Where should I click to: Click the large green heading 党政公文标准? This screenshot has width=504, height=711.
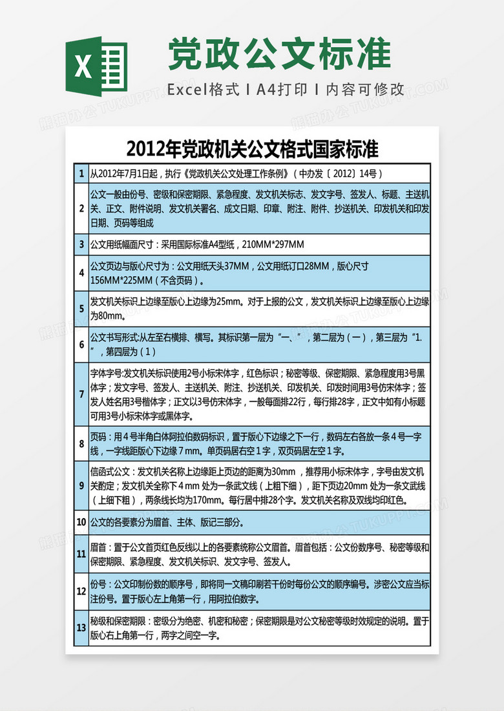click(x=279, y=54)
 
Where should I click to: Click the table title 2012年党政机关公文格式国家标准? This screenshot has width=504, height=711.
click(x=252, y=149)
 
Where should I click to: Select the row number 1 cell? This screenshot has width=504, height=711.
click(x=81, y=174)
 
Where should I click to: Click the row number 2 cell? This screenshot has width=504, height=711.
click(x=81, y=208)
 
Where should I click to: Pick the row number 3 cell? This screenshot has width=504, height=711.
click(x=81, y=245)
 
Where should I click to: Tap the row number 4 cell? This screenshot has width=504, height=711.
click(x=81, y=272)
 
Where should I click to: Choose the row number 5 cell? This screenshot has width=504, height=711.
click(x=81, y=308)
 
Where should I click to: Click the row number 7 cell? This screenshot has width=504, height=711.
click(x=81, y=394)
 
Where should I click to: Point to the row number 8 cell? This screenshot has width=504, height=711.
click(x=81, y=443)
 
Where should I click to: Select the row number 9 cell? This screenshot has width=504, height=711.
click(x=81, y=485)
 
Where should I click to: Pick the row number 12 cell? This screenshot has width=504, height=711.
click(x=81, y=591)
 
